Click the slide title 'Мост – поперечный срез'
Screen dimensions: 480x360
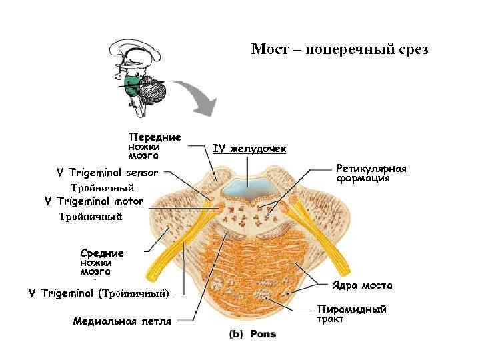339,50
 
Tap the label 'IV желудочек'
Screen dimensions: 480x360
249,148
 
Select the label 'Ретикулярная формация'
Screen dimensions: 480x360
371,173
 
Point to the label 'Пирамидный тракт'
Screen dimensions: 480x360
351,314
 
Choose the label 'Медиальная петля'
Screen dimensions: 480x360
122,321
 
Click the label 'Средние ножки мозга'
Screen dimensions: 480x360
101,262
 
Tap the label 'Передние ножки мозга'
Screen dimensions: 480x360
154,145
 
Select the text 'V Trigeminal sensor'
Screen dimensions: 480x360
107,173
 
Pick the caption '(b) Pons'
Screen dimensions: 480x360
253,334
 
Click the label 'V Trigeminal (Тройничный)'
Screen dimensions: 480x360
99,293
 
